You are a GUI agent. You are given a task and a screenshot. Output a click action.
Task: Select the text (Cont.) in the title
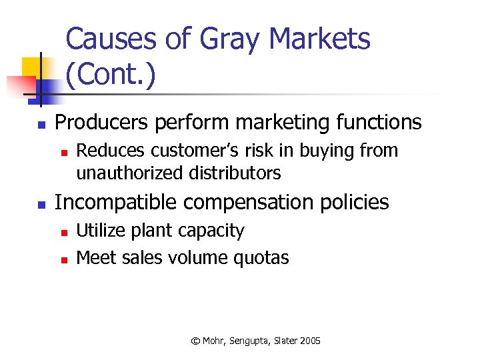point(111,75)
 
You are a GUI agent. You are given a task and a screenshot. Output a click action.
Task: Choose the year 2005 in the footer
point(310,341)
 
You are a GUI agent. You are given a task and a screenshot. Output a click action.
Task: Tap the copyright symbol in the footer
point(195,341)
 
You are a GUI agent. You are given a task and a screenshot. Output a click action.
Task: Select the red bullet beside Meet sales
point(63,259)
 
